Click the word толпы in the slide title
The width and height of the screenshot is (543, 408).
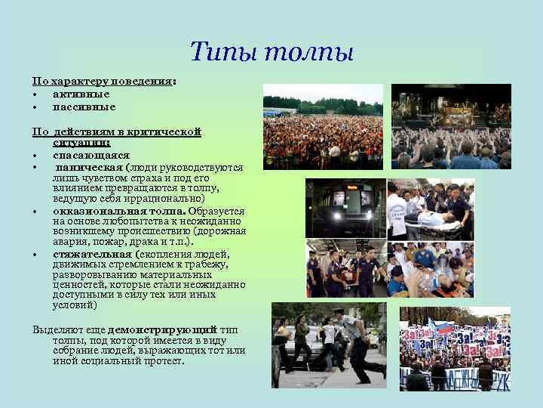(x=303, y=53)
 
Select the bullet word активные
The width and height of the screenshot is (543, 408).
(x=81, y=94)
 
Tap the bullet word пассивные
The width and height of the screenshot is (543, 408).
(x=84, y=106)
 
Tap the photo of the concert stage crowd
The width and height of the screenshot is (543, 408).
(x=450, y=126)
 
